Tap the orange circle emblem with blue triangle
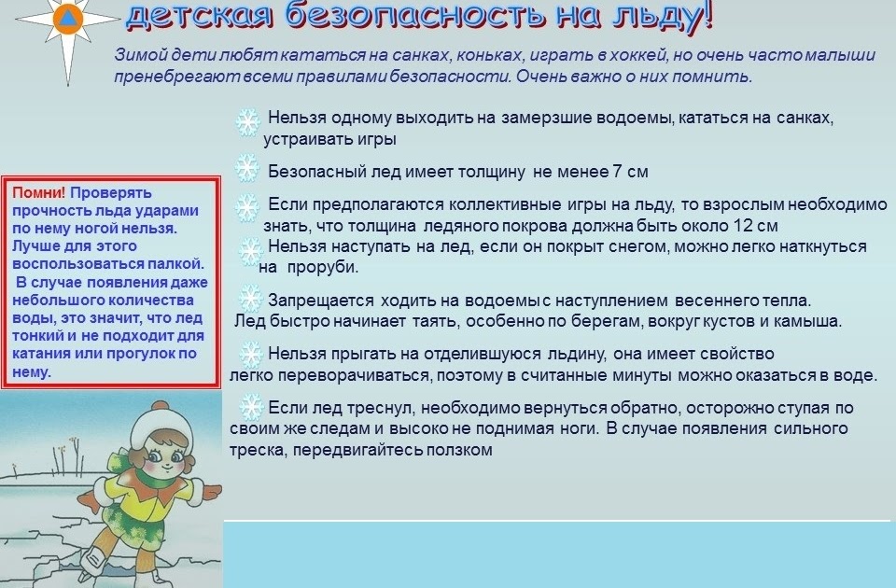pos(67,19)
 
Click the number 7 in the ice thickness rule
pos(617,172)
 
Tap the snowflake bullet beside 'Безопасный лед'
pos(246,168)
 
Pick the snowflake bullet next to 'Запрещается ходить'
pos(250,299)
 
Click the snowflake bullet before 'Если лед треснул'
pos(251,407)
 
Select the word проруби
pos(322,268)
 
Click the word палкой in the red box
pos(175,264)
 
